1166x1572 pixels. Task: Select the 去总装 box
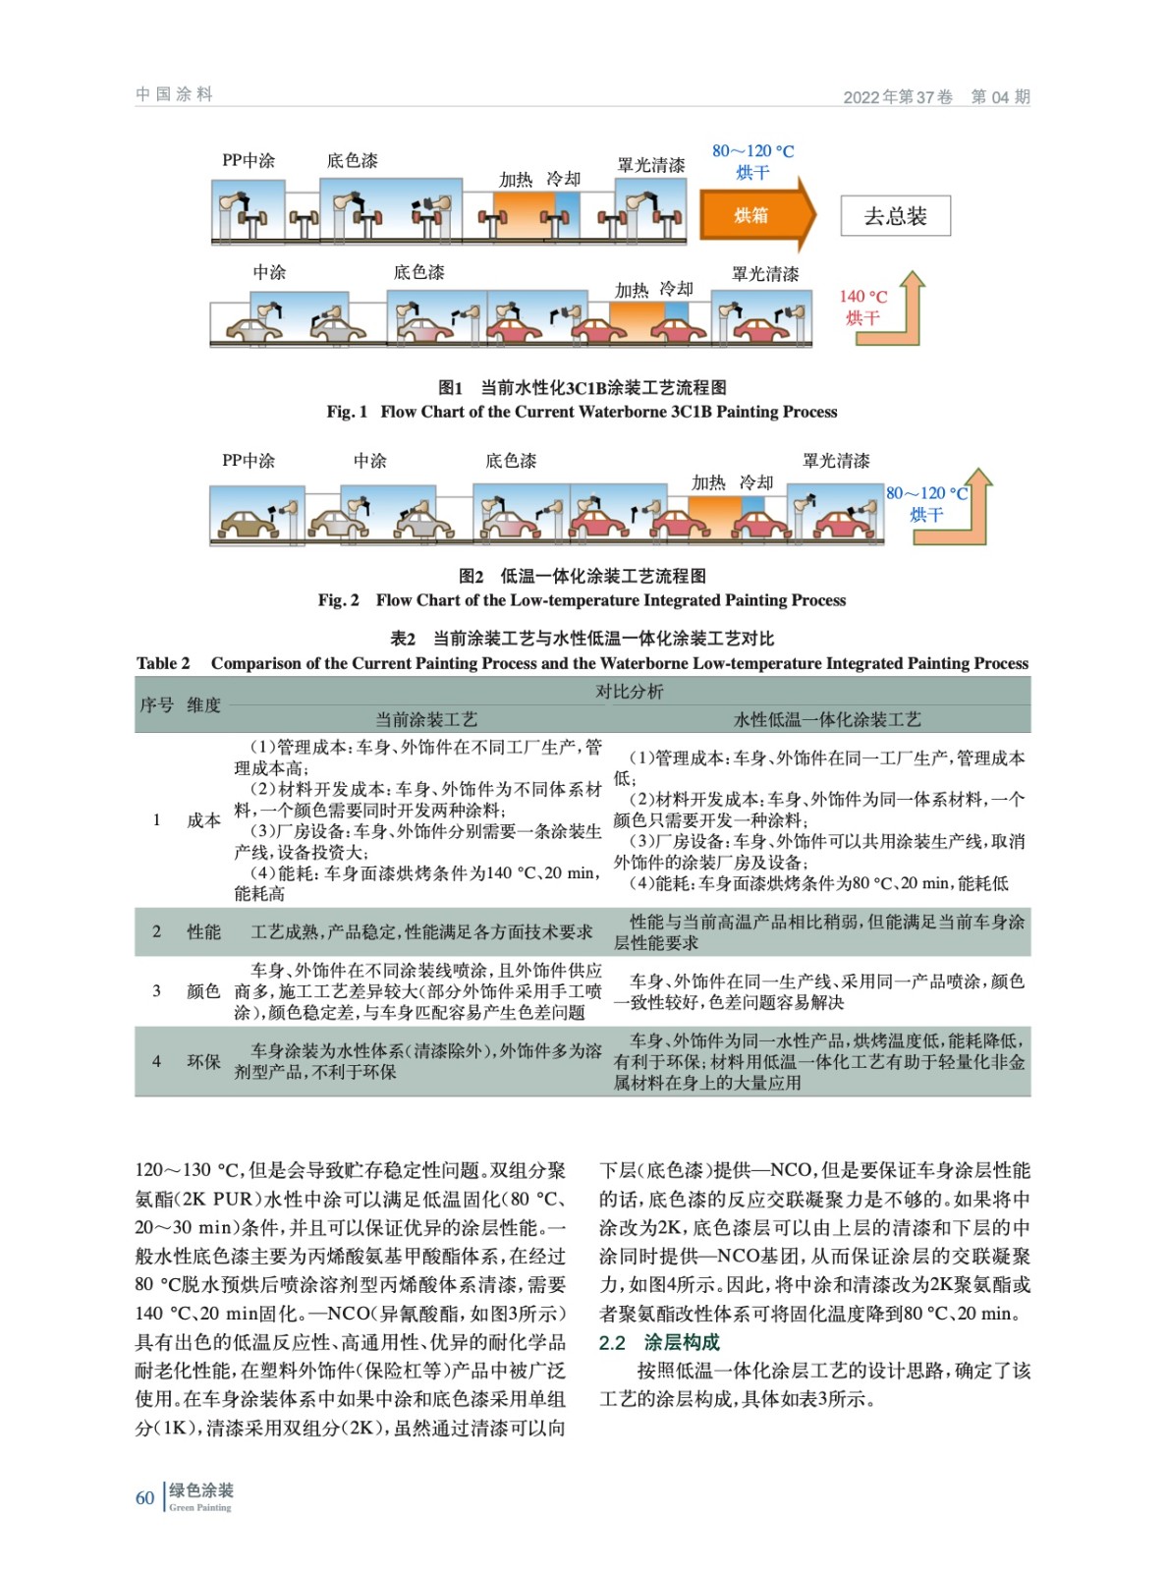click(895, 216)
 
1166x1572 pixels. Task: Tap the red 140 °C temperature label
click(862, 296)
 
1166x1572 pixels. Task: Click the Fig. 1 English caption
click(582, 412)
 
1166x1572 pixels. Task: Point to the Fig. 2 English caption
click(582, 600)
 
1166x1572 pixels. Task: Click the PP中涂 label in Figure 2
click(249, 461)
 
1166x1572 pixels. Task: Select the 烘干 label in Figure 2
click(925, 515)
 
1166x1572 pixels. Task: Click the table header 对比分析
click(629, 692)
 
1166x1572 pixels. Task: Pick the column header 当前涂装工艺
click(426, 719)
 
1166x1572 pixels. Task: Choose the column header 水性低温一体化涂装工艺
click(827, 719)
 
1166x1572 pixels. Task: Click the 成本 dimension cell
click(203, 820)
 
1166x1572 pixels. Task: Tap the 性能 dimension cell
click(203, 931)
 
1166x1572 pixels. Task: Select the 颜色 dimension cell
click(203, 991)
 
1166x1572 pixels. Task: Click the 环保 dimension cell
click(203, 1061)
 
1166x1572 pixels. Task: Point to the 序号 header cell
click(156, 705)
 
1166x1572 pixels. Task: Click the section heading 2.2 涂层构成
click(659, 1342)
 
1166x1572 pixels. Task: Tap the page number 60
click(144, 1497)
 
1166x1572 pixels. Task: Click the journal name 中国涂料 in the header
click(174, 94)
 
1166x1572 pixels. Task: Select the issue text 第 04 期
click(1000, 96)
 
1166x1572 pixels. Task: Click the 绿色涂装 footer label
click(201, 1490)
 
